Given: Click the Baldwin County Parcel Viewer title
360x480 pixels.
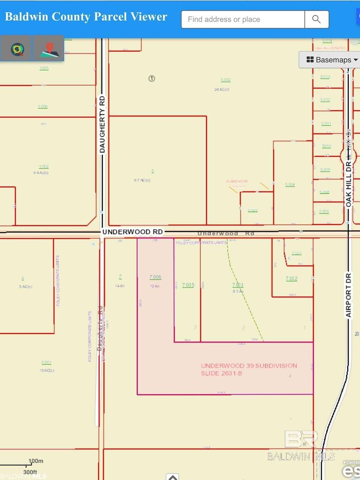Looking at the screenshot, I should tap(86, 17).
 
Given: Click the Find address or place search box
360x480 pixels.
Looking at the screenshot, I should tap(243, 19).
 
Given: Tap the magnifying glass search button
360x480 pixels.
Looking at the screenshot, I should tap(317, 19).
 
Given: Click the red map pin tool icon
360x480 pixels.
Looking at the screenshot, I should tap(49, 49).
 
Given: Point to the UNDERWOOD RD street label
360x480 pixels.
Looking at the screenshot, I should tap(132, 232).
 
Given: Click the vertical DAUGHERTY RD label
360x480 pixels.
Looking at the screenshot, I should tap(102, 125).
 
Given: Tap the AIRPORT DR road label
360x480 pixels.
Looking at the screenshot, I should tap(348, 295).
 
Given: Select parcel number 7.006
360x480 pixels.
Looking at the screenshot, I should tap(155, 277).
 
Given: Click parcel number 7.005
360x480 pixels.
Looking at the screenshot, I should tap(188, 285).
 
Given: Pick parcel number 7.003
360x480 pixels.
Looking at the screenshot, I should tap(237, 285).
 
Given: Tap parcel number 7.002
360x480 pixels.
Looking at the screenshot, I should tap(291, 278).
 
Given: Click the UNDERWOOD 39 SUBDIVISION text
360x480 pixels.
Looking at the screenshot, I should tap(249, 366).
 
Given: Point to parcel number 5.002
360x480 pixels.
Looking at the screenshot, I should tap(226, 80).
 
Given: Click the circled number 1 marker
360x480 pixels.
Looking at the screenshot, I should tap(152, 78).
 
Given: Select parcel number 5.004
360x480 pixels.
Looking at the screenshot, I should tap(290, 185).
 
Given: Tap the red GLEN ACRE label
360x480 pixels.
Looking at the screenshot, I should tap(237, 181).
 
